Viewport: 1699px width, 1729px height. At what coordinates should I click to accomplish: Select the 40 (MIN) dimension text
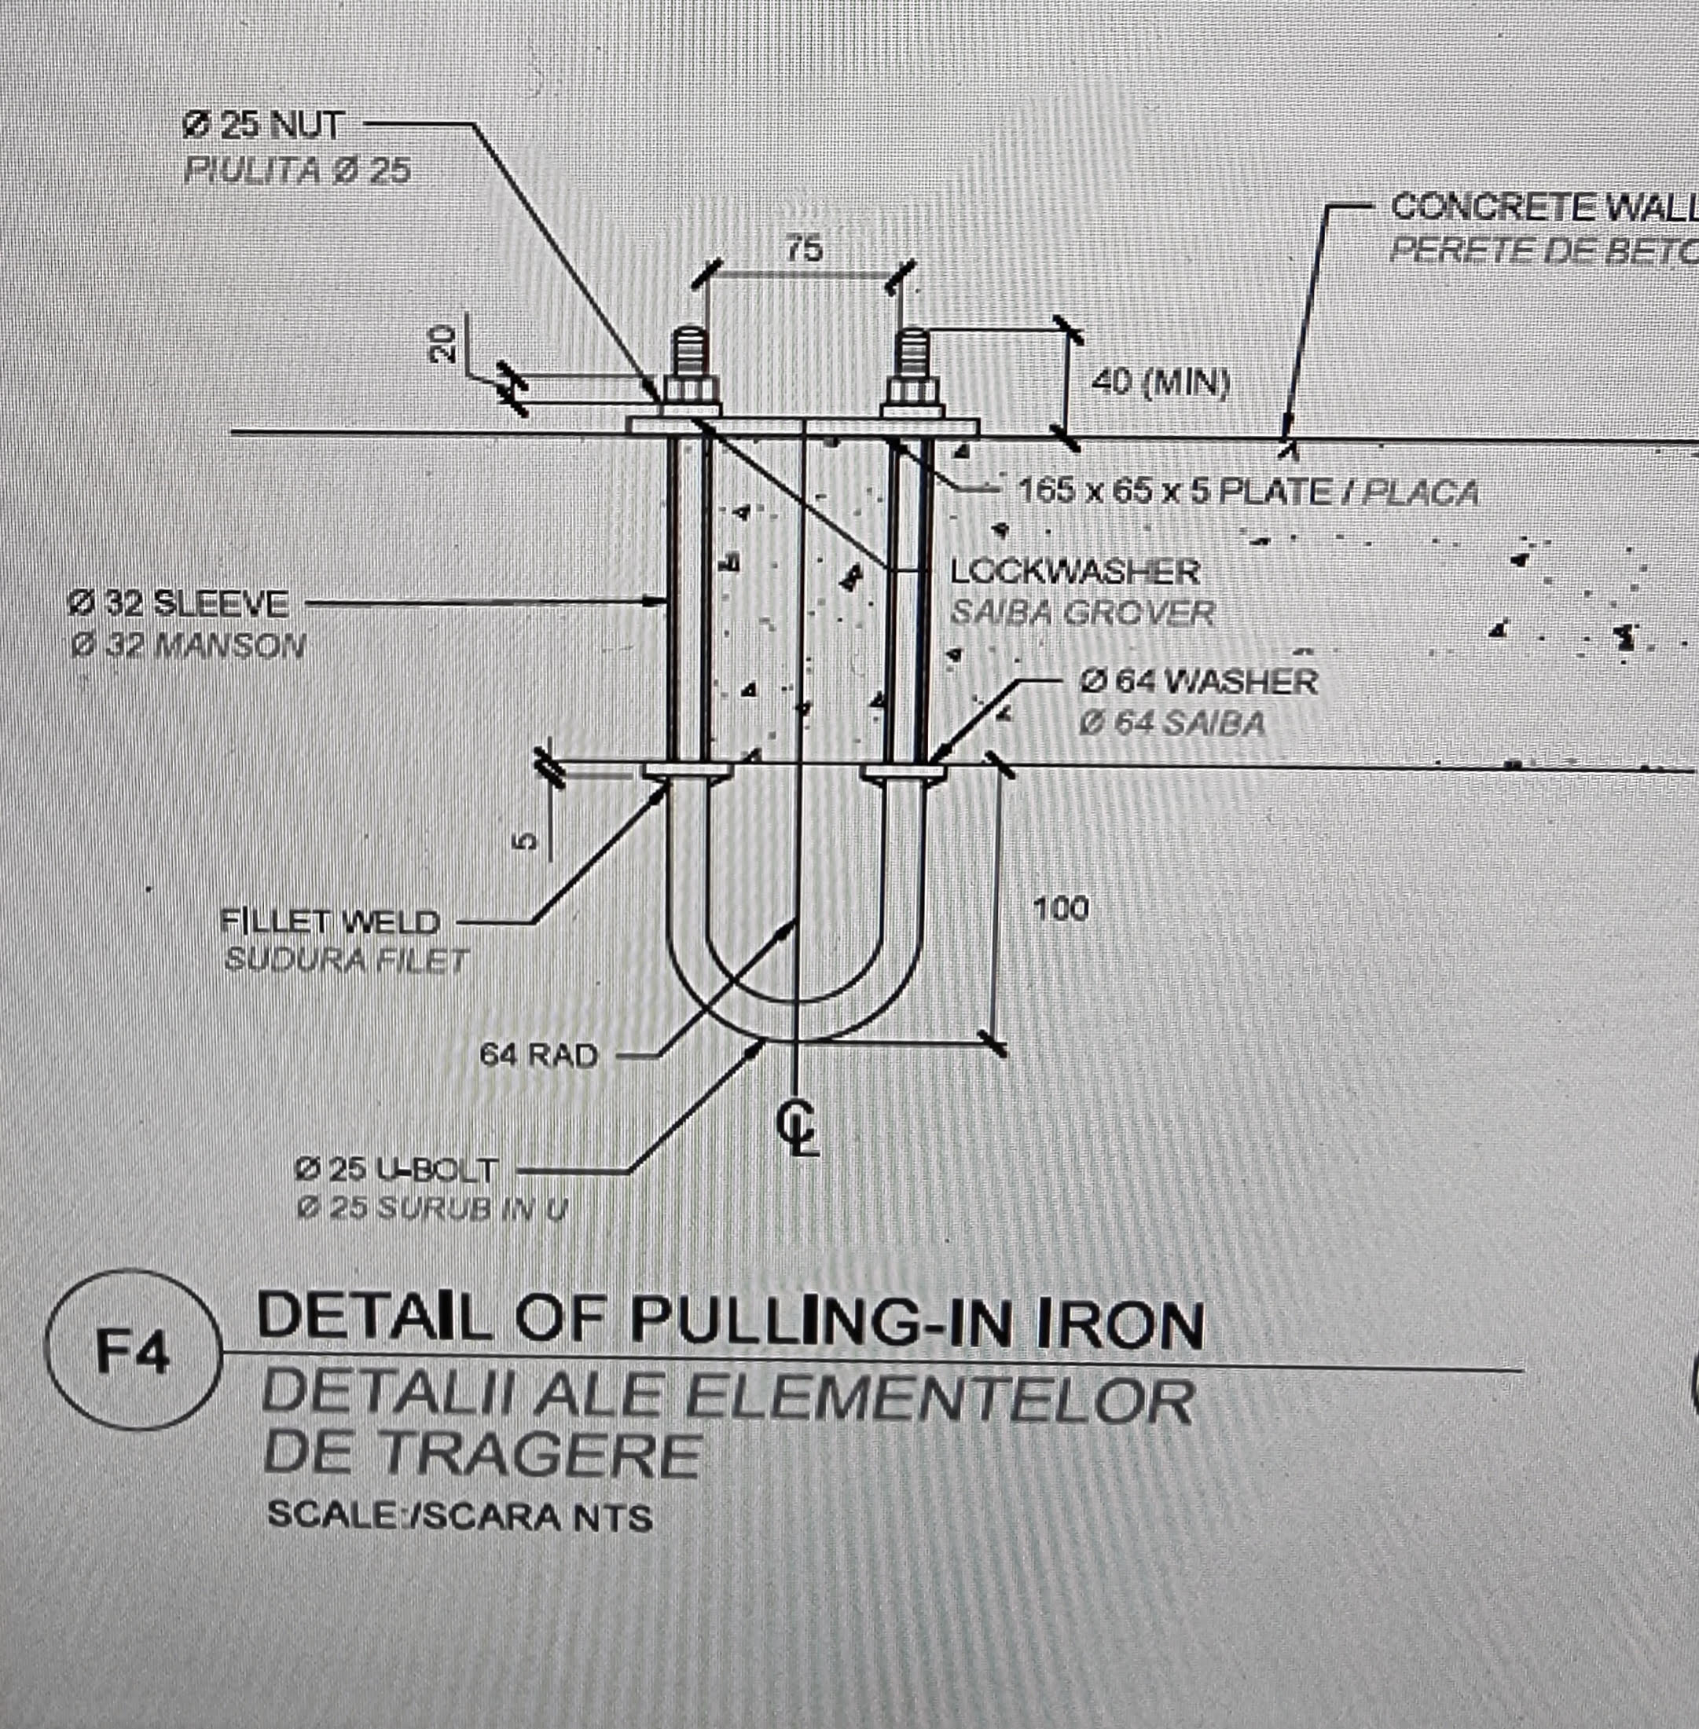pyautogui.click(x=1160, y=383)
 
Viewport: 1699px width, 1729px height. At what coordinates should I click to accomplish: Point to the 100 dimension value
pyautogui.click(x=1061, y=909)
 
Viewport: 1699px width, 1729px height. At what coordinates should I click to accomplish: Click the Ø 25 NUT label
pyautogui.click(x=262, y=126)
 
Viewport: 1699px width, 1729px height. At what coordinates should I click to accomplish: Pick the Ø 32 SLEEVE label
pyautogui.click(x=178, y=604)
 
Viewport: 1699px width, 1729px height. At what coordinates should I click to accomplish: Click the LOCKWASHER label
pyautogui.click(x=1075, y=571)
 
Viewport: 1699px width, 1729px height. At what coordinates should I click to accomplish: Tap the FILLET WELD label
pyautogui.click(x=330, y=921)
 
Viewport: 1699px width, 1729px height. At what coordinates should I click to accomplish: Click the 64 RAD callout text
pyautogui.click(x=538, y=1056)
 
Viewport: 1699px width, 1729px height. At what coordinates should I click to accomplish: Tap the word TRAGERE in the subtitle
pyautogui.click(x=482, y=1455)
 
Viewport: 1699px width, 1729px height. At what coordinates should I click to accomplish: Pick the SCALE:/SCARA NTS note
pyautogui.click(x=460, y=1517)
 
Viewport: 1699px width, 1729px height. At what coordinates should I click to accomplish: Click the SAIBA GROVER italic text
pyautogui.click(x=1082, y=613)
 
